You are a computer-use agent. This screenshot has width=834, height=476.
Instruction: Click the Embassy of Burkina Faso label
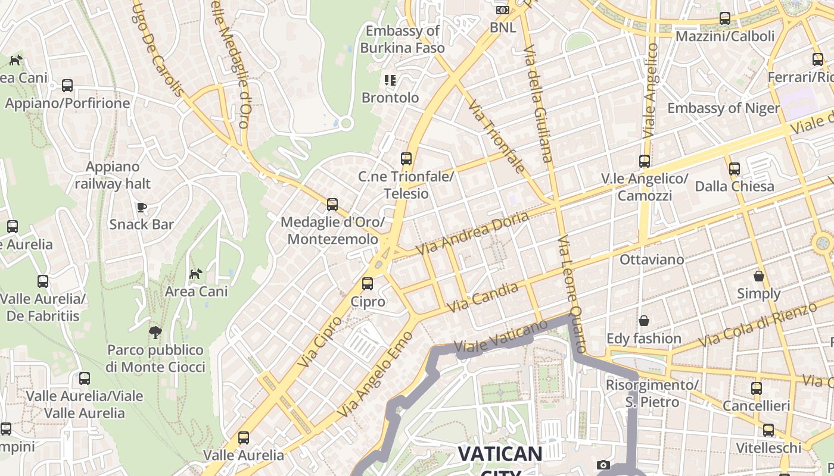click(x=403, y=39)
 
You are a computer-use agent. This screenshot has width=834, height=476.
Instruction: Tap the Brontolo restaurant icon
click(x=390, y=80)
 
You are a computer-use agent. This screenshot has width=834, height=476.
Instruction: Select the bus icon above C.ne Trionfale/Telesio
click(x=406, y=159)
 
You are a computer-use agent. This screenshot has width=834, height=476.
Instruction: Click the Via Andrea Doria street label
click(x=472, y=233)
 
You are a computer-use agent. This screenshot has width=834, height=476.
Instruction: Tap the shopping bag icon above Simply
click(x=759, y=276)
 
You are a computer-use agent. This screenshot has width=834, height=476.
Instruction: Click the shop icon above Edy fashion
click(x=644, y=321)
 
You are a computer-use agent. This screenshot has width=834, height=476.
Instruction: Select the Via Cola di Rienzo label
click(x=757, y=325)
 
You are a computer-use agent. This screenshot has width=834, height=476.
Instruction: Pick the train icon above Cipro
click(x=368, y=284)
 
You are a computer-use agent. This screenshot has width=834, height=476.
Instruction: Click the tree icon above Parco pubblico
click(x=155, y=332)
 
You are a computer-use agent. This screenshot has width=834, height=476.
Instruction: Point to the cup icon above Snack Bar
click(x=141, y=207)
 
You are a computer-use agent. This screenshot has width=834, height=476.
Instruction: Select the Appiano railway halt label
click(x=113, y=176)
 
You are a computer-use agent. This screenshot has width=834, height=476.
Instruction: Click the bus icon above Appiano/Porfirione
click(x=67, y=86)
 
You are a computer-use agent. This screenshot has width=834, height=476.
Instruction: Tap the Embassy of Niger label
click(x=723, y=108)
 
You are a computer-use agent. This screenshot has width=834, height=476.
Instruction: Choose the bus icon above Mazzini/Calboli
click(x=725, y=18)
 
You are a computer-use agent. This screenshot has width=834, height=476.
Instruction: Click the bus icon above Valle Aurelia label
click(x=244, y=438)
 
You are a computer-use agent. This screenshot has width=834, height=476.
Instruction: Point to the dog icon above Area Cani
click(x=195, y=274)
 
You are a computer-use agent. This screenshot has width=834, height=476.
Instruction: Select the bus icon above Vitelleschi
click(x=768, y=430)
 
